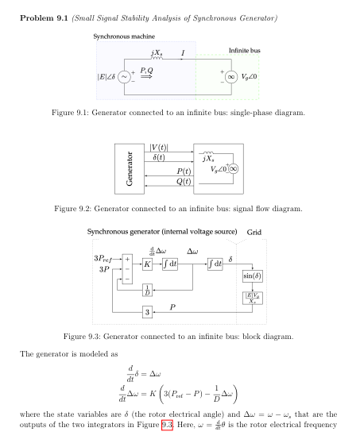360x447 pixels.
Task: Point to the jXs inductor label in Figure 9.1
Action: [x=157, y=53]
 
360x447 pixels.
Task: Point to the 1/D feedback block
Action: [x=147, y=289]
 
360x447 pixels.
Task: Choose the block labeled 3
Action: [x=147, y=312]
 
